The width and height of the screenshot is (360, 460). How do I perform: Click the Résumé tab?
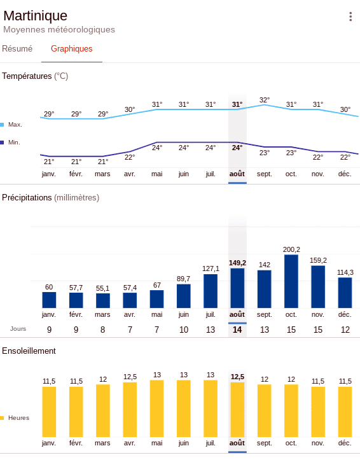click(x=17, y=49)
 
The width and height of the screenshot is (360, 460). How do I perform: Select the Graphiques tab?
click(x=71, y=49)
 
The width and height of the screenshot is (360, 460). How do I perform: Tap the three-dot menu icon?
click(x=350, y=17)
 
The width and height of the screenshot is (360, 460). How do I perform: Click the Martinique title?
click(x=35, y=15)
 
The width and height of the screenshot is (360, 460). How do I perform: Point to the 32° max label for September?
click(x=265, y=100)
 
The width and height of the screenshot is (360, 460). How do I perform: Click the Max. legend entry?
click(x=11, y=125)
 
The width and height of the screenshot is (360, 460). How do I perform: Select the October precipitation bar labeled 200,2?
click(x=291, y=281)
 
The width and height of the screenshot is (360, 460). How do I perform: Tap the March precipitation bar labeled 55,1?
click(x=103, y=301)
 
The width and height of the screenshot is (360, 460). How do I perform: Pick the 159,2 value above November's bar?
click(x=318, y=260)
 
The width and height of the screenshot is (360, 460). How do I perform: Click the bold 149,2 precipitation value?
click(x=237, y=263)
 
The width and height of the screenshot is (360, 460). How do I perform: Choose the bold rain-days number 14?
click(x=237, y=330)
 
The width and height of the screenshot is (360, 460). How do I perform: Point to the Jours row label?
click(x=18, y=329)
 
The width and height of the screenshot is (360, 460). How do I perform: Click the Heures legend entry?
click(x=15, y=418)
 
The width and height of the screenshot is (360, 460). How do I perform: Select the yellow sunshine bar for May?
click(x=157, y=408)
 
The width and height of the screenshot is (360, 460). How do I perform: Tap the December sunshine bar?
click(x=345, y=412)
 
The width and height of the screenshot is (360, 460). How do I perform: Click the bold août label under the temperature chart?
click(x=237, y=174)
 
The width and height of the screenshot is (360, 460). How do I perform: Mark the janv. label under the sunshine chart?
click(x=49, y=443)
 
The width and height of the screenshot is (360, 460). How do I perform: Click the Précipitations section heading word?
click(x=27, y=198)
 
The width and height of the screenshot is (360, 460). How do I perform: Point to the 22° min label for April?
click(x=130, y=158)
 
